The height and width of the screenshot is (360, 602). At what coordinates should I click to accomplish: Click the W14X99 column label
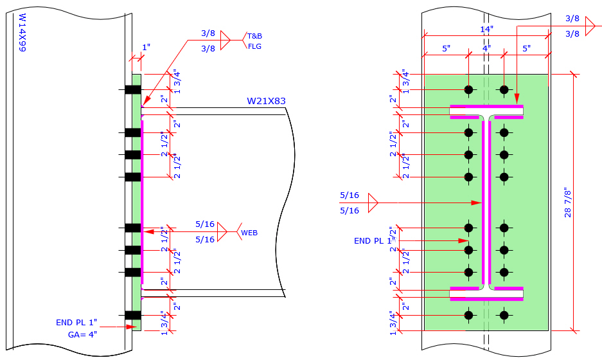(22, 33)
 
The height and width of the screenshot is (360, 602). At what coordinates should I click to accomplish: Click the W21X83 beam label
(266, 101)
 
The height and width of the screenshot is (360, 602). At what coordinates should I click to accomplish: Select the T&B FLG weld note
(254, 41)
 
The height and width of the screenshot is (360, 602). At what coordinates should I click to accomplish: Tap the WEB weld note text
(249, 233)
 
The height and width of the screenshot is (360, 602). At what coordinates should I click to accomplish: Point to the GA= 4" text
(82, 335)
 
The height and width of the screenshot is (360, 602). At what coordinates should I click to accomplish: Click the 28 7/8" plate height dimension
(568, 203)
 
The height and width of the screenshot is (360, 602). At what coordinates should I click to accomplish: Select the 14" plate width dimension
(486, 29)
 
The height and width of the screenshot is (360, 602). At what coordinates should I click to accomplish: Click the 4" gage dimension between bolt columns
(486, 48)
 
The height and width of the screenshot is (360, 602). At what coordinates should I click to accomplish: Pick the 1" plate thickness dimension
(146, 48)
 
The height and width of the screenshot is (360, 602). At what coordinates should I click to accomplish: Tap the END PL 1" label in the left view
(76, 322)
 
